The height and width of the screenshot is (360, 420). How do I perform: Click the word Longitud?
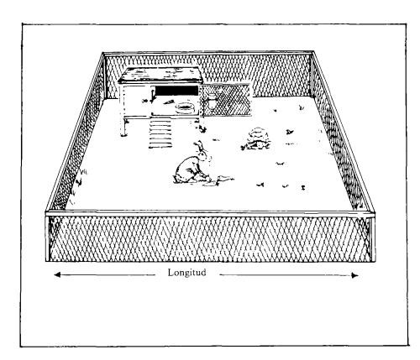pos(186,272)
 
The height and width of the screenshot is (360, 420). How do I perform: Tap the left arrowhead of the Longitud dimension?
pos(57,274)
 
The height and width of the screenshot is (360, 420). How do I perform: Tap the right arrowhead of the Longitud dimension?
pos(354,275)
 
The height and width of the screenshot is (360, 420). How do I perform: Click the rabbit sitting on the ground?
pos(192,166)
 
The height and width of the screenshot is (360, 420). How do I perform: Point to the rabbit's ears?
pos(201,147)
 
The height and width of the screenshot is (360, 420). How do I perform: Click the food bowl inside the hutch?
pos(185,107)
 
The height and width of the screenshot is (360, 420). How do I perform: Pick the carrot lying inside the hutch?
pos(168,102)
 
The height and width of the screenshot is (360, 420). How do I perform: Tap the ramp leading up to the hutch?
pos(160,133)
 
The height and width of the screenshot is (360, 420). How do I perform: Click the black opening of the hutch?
pos(176,91)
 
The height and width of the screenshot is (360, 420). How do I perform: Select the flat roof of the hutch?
pos(160,75)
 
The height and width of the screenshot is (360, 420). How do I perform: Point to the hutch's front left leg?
pos(123,127)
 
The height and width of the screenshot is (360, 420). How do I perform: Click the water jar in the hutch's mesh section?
pos(212,101)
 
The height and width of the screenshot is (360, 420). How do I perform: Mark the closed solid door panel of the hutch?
pos(135,100)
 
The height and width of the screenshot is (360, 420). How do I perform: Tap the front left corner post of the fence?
pos(48,237)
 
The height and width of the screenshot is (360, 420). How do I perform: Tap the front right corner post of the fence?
pos(372,237)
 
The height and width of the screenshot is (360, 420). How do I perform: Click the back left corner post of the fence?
pos(104,76)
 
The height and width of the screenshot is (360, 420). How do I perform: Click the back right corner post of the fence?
pos(312,74)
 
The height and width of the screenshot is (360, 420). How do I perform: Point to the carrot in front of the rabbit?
pos(224,179)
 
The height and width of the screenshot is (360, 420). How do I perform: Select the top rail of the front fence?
pos(210,213)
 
